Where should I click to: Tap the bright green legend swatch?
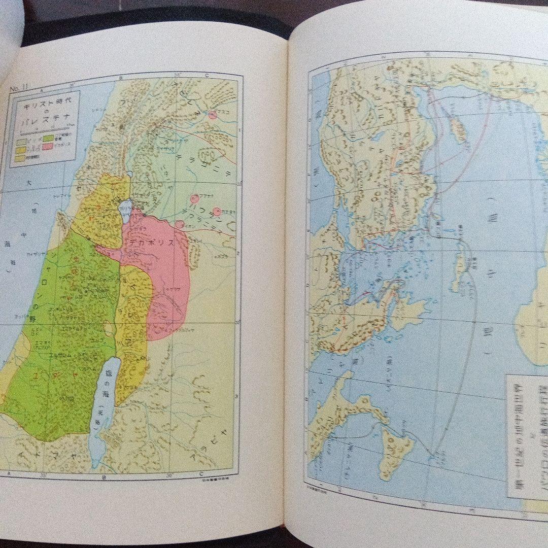(49, 138)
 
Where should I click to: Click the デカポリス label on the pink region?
(152, 243)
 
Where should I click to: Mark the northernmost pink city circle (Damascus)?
(213, 115)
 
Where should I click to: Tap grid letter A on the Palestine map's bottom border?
(9, 473)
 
